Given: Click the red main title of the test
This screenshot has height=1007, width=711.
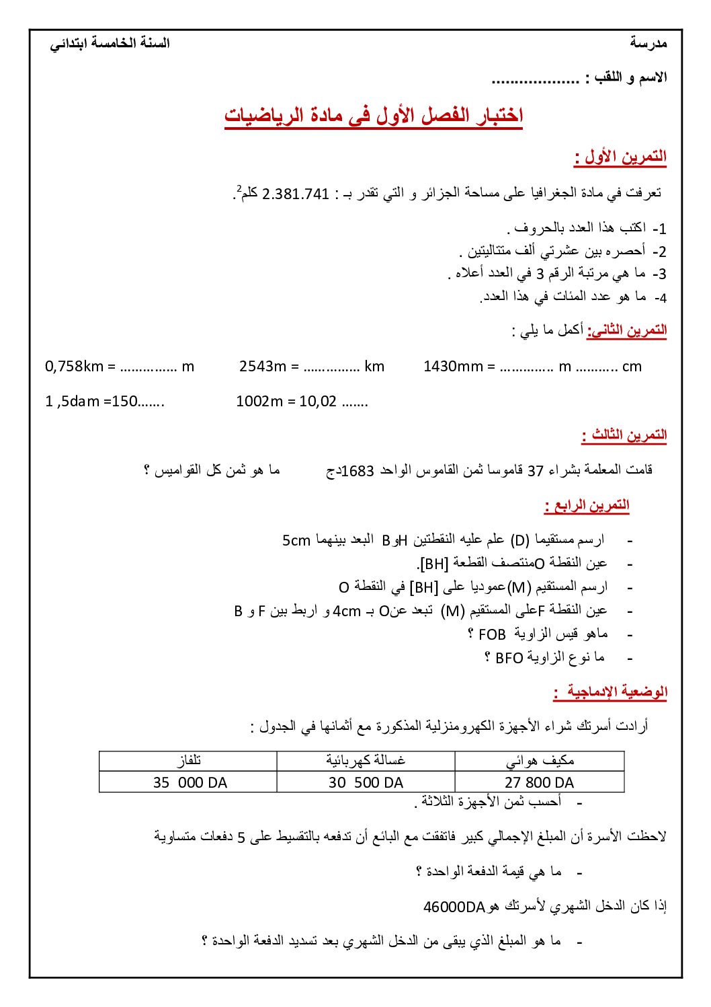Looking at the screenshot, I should [x=374, y=115].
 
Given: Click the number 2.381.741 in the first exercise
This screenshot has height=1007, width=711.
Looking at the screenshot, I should [x=295, y=194].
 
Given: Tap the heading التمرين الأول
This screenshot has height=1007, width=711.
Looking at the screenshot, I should [x=620, y=157].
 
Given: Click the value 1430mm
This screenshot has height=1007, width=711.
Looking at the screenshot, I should [x=453, y=367].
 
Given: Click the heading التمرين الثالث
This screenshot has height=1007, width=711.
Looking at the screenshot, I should [x=624, y=435].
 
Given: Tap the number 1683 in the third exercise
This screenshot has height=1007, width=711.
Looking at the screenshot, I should [x=358, y=471].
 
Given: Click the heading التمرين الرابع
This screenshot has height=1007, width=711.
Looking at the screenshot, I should [x=587, y=505].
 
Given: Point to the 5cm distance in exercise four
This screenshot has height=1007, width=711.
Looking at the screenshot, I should [x=296, y=540].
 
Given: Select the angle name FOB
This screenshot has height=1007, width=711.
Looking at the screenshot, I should [x=492, y=634].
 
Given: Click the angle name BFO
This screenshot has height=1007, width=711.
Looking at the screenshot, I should [x=509, y=658].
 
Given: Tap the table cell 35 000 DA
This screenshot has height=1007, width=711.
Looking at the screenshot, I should [x=190, y=782].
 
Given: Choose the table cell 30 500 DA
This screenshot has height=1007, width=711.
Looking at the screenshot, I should [x=366, y=782].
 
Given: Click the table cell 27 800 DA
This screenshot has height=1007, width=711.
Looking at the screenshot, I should [x=539, y=782].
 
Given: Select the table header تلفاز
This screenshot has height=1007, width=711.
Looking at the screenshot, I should [x=189, y=761].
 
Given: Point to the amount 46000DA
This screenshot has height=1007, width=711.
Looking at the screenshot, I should [x=454, y=907].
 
